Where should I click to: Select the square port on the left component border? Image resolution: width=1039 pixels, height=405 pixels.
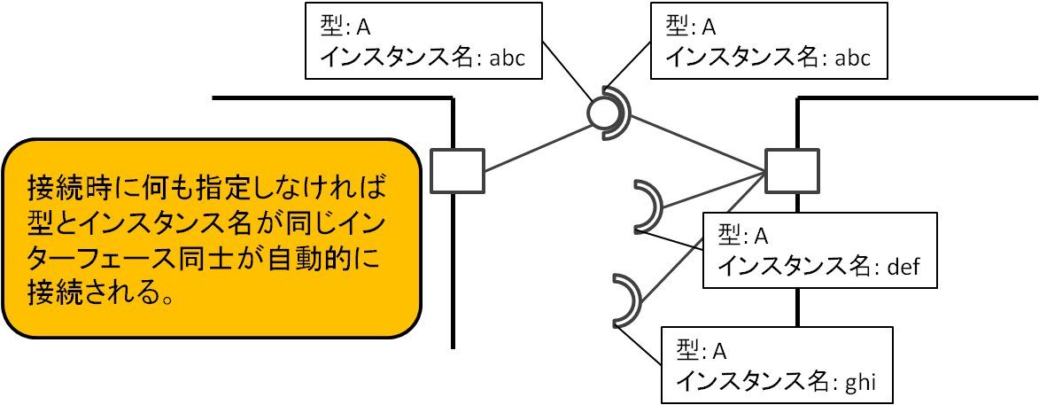tap(458, 172)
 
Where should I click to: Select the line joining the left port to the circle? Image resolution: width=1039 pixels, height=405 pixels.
tap(539, 147)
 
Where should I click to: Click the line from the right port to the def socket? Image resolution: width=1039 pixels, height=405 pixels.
tap(714, 191)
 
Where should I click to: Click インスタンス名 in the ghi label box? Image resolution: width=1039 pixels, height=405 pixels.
tap(751, 380)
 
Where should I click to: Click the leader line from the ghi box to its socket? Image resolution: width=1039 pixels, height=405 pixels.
tap(639, 345)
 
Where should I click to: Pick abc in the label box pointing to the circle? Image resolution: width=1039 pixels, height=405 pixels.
tap(508, 58)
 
